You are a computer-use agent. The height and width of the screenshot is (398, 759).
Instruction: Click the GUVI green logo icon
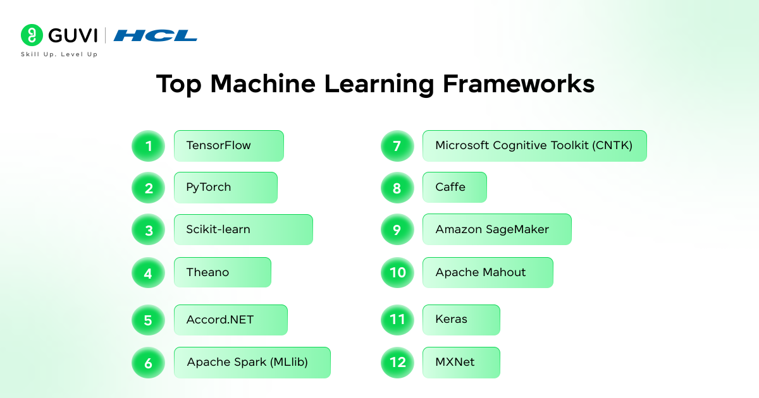click(x=32, y=35)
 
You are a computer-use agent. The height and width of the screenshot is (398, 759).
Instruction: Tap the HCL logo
click(x=156, y=35)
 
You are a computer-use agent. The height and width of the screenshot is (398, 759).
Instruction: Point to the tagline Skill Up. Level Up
click(x=59, y=55)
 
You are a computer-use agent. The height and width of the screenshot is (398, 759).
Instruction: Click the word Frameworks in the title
click(x=519, y=84)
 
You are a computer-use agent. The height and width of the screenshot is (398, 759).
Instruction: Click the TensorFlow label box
click(x=228, y=146)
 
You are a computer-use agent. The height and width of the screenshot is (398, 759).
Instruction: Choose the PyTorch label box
click(x=225, y=188)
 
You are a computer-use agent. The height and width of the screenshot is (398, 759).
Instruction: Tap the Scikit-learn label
click(x=243, y=230)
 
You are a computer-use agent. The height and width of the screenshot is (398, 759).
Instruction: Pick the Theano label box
click(x=222, y=272)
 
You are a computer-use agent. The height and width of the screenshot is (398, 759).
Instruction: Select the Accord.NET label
click(x=230, y=320)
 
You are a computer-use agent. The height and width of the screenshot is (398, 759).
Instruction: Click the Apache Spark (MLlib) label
click(x=252, y=363)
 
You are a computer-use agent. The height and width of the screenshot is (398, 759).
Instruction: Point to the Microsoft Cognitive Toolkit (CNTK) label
click(x=534, y=146)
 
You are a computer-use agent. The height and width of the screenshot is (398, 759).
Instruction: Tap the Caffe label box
click(x=454, y=188)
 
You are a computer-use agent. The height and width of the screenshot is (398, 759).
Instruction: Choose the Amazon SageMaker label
click(x=497, y=230)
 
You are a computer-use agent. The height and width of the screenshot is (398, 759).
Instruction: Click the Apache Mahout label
click(x=488, y=272)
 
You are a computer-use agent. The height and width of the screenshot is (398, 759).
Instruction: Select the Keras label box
click(x=461, y=320)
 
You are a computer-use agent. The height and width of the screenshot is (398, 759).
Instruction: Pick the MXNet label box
click(x=461, y=363)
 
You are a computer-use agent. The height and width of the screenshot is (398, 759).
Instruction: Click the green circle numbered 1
click(x=148, y=146)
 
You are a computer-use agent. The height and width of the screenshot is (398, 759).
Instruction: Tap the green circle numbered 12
click(x=397, y=363)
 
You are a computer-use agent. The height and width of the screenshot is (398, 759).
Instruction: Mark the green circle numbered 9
click(x=397, y=230)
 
